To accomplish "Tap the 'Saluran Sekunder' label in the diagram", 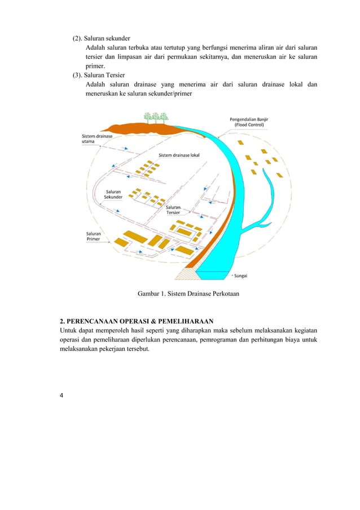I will pos(113,194).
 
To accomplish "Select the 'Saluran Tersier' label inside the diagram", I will pos(173,210).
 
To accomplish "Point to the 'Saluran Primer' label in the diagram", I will pos(94,236).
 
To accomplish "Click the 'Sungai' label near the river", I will pos(242,276).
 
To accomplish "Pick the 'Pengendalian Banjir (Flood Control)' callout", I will pos(251,122).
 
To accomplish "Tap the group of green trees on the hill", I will pos(156,117).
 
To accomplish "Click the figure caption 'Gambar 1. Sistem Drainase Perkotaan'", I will pos(180,293).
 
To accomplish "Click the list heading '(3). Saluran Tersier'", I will pos(97,75).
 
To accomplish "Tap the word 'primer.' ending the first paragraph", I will pos(96,66).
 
